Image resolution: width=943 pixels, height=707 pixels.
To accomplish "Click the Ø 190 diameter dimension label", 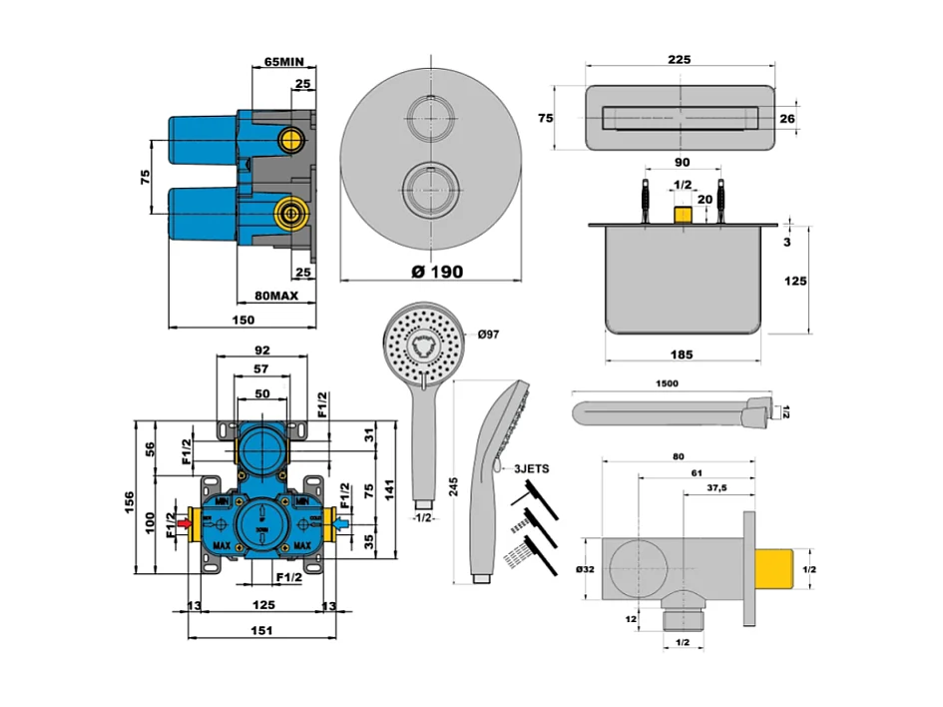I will (435, 272).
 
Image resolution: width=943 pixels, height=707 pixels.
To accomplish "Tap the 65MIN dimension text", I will (283, 61).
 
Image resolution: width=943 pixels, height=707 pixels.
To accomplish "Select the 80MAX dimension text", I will (274, 297).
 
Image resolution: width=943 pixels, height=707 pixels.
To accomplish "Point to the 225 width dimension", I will (679, 61).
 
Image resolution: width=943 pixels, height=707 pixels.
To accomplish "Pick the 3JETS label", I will (531, 467).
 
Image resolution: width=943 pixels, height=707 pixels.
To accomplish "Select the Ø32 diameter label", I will (587, 568).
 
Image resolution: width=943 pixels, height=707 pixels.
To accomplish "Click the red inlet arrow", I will (185, 520).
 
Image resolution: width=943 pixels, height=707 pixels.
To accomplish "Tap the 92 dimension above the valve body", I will (263, 351).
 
